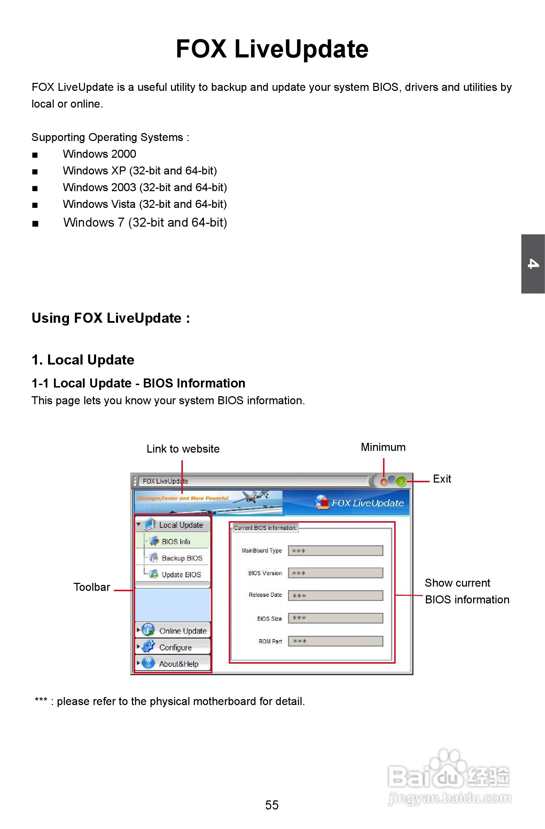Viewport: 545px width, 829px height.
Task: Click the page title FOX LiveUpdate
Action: click(x=272, y=49)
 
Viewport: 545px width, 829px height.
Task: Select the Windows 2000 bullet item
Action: click(x=99, y=154)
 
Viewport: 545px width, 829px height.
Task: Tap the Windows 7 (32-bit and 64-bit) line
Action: click(x=145, y=222)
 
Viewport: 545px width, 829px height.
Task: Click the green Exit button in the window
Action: click(x=401, y=482)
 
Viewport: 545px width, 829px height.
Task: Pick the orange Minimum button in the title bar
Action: click(x=384, y=482)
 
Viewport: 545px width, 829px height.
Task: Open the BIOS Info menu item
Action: click(x=176, y=542)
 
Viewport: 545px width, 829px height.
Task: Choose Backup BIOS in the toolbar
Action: click(x=181, y=558)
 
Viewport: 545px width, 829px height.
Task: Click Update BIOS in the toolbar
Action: click(x=181, y=575)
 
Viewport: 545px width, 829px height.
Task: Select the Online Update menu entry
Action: click(x=182, y=631)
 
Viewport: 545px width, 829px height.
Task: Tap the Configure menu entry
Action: click(x=175, y=648)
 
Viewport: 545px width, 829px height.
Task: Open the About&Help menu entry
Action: click(x=178, y=664)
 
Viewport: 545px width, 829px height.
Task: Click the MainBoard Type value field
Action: click(x=335, y=551)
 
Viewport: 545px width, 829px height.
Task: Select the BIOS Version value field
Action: click(x=335, y=573)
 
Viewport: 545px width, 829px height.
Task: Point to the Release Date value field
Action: click(x=335, y=596)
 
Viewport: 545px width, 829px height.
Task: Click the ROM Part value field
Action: click(x=335, y=641)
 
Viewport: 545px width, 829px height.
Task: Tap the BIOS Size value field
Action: click(x=335, y=618)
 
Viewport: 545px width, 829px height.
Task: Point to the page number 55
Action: click(x=272, y=805)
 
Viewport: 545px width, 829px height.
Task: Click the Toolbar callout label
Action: click(x=92, y=587)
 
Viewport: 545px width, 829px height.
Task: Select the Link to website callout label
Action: click(x=183, y=449)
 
